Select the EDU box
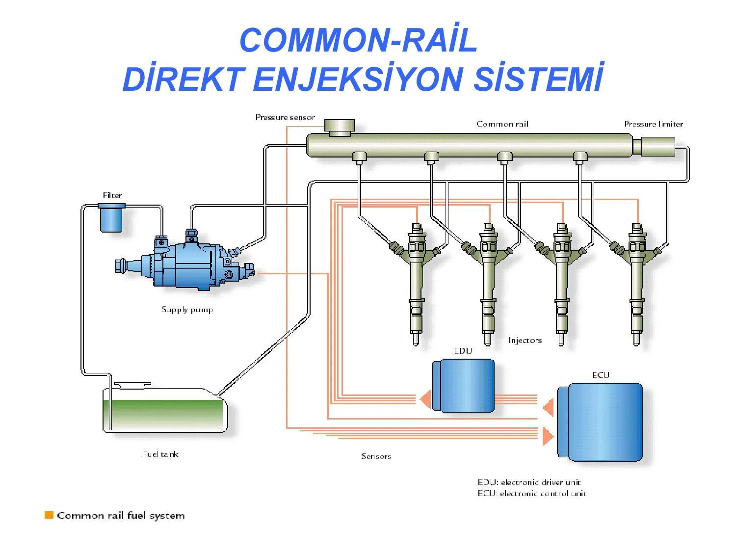[x=464, y=386]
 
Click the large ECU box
[x=601, y=422]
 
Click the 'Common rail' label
[x=502, y=124]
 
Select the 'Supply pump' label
[x=187, y=310]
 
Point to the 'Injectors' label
[x=525, y=340]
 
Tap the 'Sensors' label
[x=376, y=456]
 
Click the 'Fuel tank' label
[x=160, y=454]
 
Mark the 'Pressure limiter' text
[x=653, y=124]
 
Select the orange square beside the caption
[x=49, y=515]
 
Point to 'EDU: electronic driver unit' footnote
[x=529, y=482]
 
